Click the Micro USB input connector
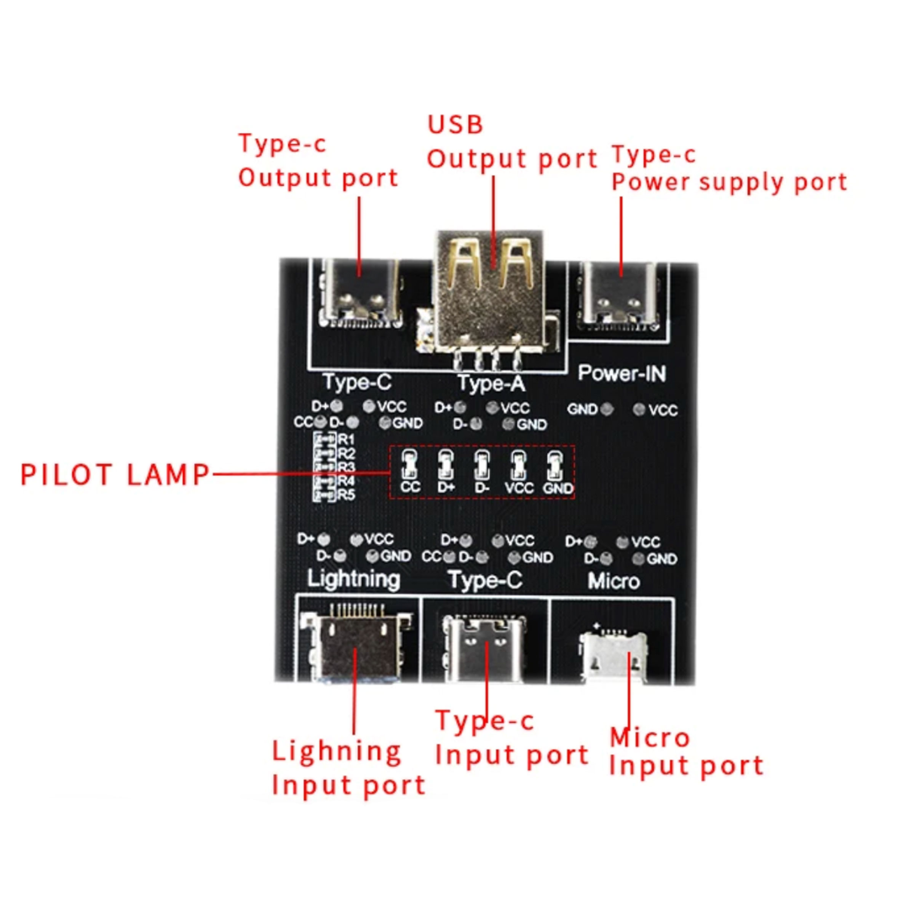[613, 653]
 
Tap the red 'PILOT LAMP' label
[115, 475]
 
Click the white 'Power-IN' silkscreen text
[622, 374]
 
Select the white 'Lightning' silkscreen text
[353, 579]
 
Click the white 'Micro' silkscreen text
[613, 581]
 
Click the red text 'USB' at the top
[455, 125]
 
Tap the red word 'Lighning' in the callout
[336, 752]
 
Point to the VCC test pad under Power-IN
[639, 409]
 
